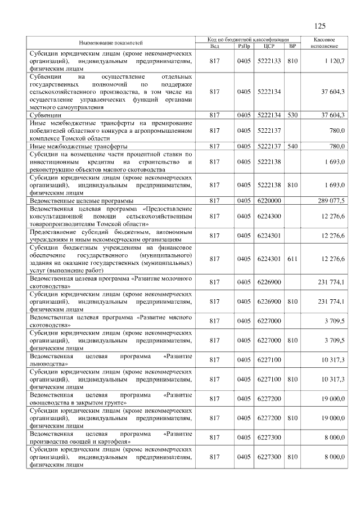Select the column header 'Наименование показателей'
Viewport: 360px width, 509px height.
pyautogui.click(x=111, y=43)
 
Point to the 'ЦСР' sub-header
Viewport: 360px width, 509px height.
pyautogui.click(x=268, y=46)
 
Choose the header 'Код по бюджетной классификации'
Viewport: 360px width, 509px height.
pyautogui.click(x=247, y=39)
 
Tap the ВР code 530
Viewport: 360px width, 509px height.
pyautogui.click(x=291, y=115)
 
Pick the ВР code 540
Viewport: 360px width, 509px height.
pyautogui.click(x=291, y=146)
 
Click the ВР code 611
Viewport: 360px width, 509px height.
pyautogui.click(x=291, y=259)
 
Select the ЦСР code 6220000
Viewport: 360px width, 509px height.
pyautogui.click(x=268, y=200)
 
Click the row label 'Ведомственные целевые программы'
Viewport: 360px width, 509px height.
pyautogui.click(x=81, y=200)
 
